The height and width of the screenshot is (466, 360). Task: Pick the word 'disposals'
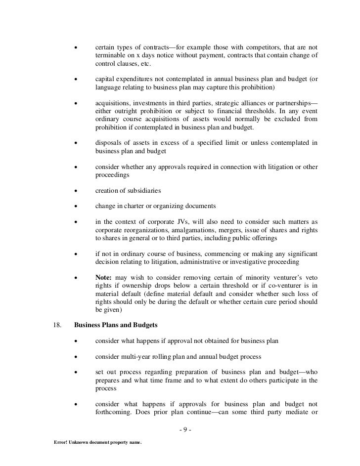pos(108,143)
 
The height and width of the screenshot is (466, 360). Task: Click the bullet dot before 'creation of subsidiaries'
pos(76,190)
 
